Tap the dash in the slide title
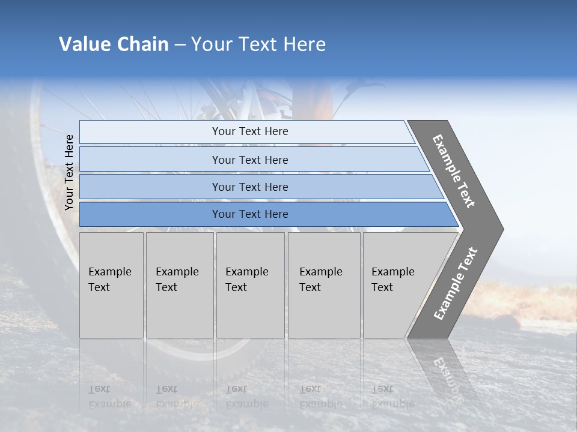click(x=180, y=45)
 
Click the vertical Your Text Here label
click(x=69, y=173)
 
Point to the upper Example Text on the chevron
click(x=454, y=171)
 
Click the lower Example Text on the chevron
click(x=455, y=284)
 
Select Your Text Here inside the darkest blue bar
click(x=250, y=214)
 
